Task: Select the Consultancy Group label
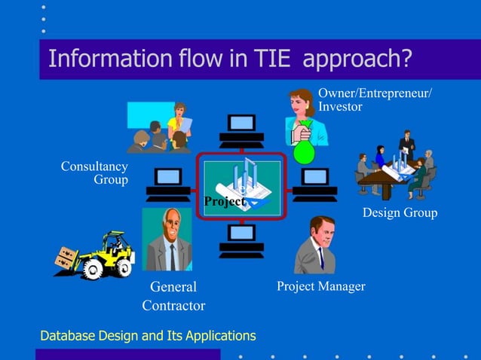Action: click(95, 172)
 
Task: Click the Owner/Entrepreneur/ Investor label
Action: click(375, 99)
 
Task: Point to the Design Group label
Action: click(400, 213)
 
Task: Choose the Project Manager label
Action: click(320, 286)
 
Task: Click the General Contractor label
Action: click(173, 296)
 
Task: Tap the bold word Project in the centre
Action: click(224, 202)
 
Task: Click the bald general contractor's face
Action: click(171, 226)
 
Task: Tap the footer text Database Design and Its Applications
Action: click(148, 336)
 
